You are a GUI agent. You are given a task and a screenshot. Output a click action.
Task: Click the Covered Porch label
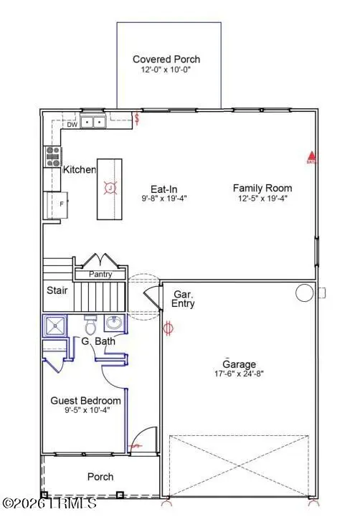pos(166,60)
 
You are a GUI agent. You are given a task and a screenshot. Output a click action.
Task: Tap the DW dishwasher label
pos(72,125)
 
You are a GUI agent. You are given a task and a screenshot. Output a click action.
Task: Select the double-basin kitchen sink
pos(93,123)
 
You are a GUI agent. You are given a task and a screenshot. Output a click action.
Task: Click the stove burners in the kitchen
pos(53,156)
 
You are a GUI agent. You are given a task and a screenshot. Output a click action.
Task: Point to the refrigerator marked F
pos(56,204)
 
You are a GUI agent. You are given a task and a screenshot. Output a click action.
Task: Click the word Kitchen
pos(80,170)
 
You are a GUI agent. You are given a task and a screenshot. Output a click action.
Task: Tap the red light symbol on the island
pos(110,189)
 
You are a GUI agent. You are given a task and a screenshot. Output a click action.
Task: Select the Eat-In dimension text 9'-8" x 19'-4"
pos(166,201)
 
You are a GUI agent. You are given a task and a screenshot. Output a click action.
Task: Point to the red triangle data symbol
pos(311,155)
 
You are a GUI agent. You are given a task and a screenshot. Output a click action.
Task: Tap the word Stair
pos(57,291)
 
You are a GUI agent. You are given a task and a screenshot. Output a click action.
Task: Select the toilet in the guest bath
pos(90,323)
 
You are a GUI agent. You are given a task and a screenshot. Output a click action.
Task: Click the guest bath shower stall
pos(56,326)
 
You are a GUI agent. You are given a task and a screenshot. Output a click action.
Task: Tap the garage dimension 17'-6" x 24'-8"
pos(238,374)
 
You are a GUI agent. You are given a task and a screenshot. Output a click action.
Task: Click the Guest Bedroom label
pos(85,401)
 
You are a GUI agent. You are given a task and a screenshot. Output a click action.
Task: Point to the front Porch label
pos(100,477)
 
